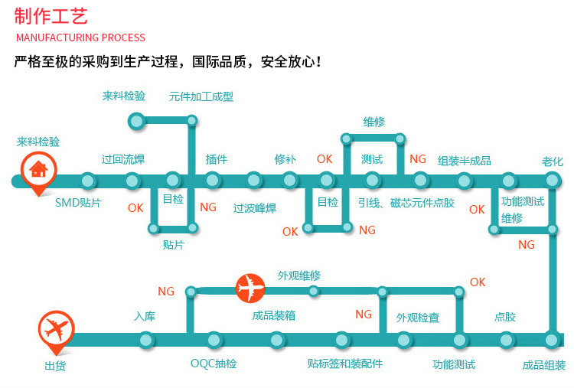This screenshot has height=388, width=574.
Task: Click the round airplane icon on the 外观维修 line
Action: tap(250, 289)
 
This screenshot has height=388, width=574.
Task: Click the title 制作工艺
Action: tap(51, 16)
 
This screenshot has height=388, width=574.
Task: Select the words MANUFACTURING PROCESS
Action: tap(80, 37)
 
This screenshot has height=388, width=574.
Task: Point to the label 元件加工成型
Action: tap(201, 97)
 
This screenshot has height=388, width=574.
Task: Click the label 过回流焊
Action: tap(123, 160)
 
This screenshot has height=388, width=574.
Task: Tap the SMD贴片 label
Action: tap(78, 204)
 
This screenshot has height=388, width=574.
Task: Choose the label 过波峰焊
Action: tap(255, 208)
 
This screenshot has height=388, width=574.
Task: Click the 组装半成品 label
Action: tap(465, 161)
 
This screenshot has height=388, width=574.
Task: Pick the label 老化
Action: tap(553, 161)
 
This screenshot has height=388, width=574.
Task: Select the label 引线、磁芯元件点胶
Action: tap(406, 203)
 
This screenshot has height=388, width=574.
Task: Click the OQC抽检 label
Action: tap(214, 364)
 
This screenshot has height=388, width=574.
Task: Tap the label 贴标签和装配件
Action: tap(344, 364)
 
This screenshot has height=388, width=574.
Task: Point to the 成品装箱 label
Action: tap(274, 315)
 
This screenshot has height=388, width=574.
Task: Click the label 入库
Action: tap(145, 315)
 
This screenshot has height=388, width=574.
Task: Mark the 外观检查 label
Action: tap(418, 317)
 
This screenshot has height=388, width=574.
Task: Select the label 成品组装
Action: tap(544, 365)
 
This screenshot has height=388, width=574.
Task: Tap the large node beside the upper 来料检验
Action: tap(136, 120)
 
